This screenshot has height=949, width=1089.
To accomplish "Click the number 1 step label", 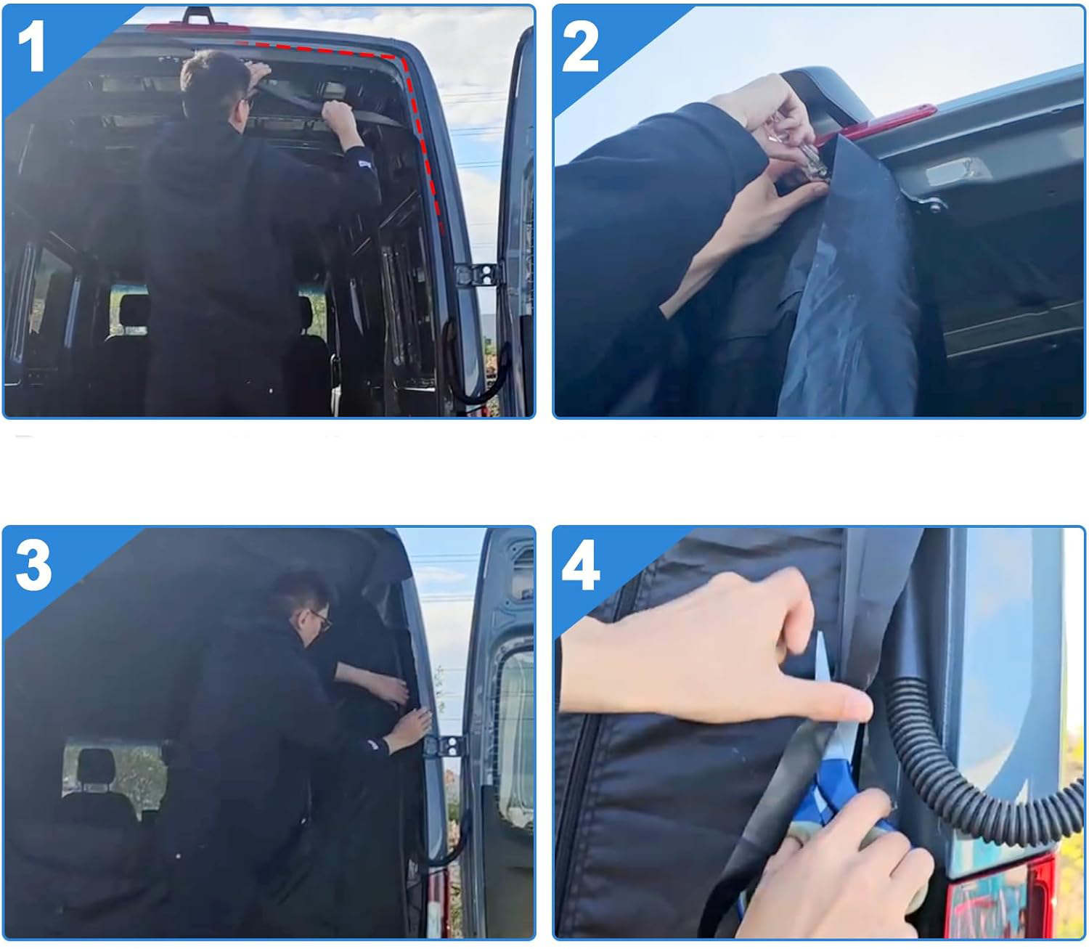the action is point(31,46).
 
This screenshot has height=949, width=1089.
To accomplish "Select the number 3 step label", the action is point(33,564).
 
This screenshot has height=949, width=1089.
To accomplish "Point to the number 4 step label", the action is point(581,564).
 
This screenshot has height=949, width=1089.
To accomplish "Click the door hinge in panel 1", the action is point(477,275).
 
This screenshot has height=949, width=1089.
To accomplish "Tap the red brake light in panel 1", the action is point(197,28).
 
